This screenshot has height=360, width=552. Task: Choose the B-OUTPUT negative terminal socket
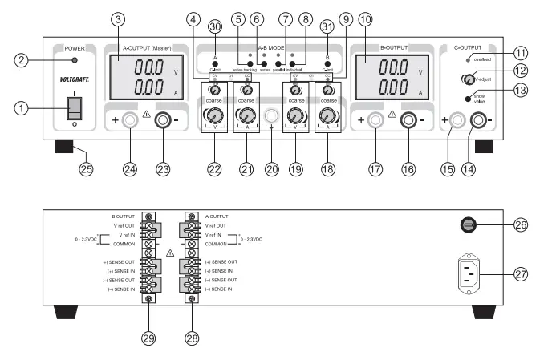(408, 121)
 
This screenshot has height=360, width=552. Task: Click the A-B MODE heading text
(270, 47)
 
